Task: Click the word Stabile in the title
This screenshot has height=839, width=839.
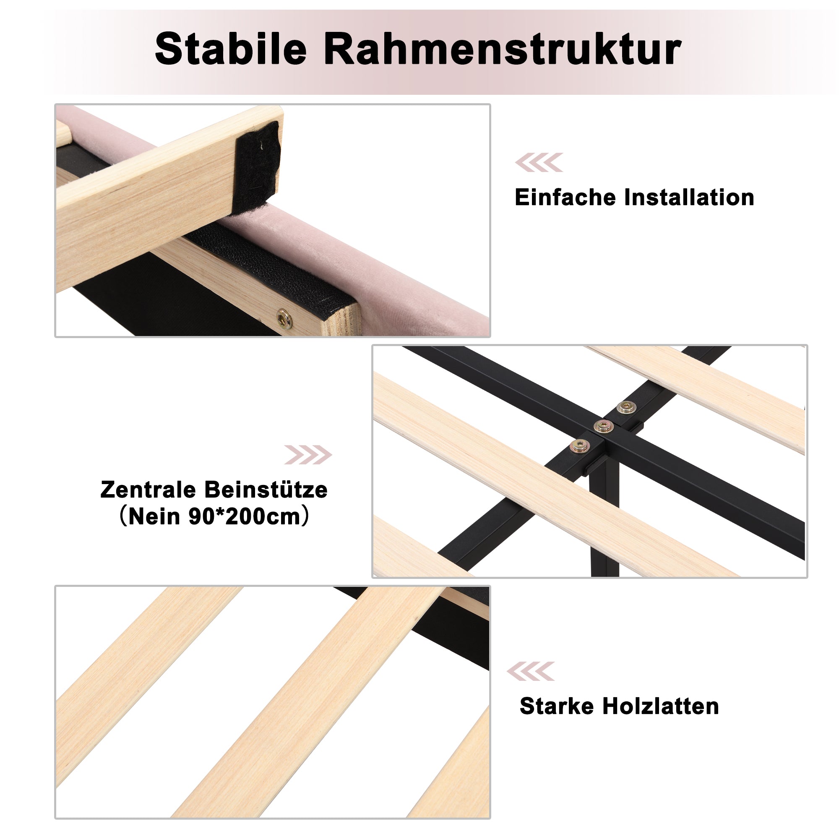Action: pyautogui.click(x=231, y=49)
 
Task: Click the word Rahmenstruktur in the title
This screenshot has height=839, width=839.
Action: pyautogui.click(x=503, y=49)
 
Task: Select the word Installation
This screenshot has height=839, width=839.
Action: pyautogui.click(x=689, y=198)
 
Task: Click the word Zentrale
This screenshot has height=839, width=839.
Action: pyautogui.click(x=148, y=490)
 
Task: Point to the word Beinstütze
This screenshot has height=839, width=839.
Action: pyautogui.click(x=266, y=490)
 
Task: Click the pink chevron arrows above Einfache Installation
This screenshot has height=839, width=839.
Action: pyautogui.click(x=539, y=162)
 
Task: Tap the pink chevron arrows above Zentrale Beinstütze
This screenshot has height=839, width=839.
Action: pyautogui.click(x=308, y=455)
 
